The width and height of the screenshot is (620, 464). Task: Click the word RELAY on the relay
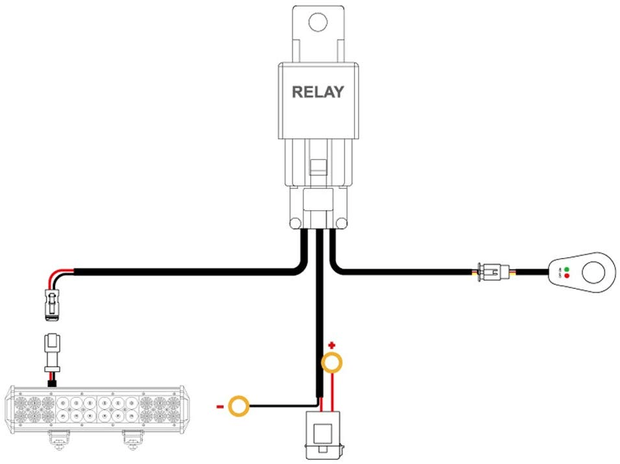tap(317, 92)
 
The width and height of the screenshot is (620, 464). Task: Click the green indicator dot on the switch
tap(566, 269)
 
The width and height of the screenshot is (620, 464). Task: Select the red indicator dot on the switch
tap(566, 276)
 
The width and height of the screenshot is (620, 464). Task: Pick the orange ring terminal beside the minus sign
tap(239, 407)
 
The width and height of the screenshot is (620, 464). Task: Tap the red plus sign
tap(331, 345)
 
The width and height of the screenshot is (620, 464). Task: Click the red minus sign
tap(220, 407)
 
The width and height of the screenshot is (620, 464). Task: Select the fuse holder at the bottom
tap(322, 431)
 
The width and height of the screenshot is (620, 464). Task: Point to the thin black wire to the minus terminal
tap(279, 407)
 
